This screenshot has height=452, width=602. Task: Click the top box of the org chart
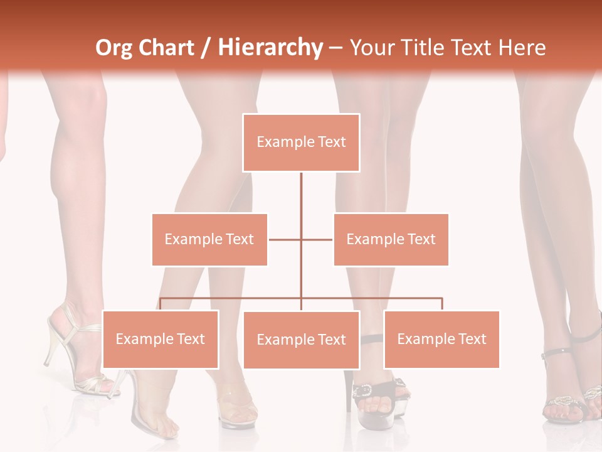click(301, 143)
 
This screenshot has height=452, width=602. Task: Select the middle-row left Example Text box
click(209, 239)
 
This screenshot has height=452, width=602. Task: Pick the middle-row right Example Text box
click(391, 239)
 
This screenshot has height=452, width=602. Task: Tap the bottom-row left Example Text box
click(160, 339)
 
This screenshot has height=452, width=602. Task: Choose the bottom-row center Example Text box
click(301, 340)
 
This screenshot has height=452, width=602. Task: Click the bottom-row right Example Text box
click(441, 339)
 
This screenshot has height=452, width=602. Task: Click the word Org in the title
click(114, 47)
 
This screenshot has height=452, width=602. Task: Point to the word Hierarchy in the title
click(270, 47)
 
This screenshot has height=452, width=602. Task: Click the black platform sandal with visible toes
click(376, 395)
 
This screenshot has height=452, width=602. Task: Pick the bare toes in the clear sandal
click(164, 427)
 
